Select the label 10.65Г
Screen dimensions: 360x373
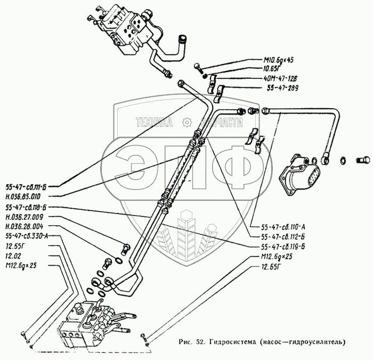pyautogui.click(x=274, y=68)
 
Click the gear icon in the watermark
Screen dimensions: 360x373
pyautogui.click(x=186, y=122)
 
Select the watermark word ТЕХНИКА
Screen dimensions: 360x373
pyautogui.click(x=155, y=122)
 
